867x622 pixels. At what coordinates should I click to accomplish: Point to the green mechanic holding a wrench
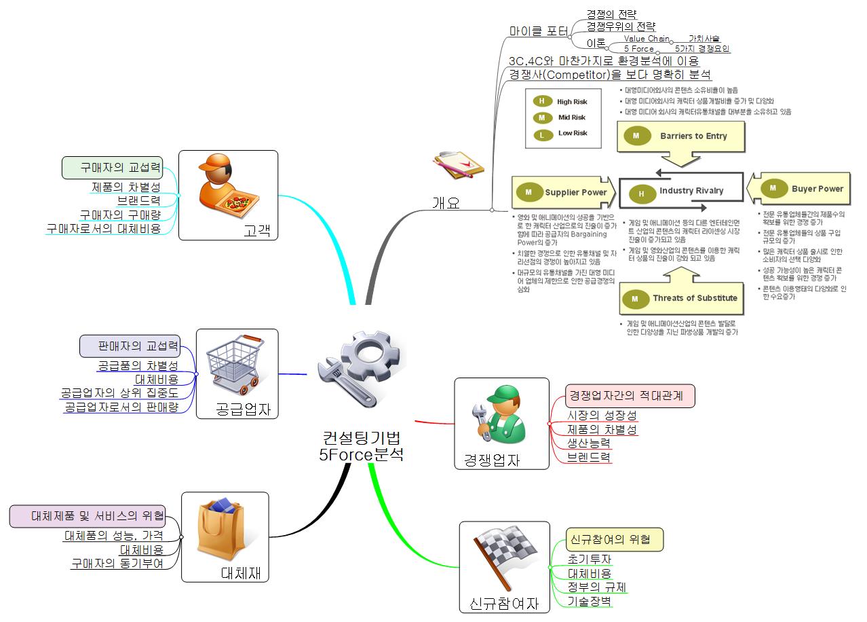coord(499,415)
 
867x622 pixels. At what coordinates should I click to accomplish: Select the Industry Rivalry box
coord(680,191)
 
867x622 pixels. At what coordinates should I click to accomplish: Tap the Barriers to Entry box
coord(681,136)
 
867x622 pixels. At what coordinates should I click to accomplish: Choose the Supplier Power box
coord(563,193)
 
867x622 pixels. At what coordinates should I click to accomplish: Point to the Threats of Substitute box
coord(682,298)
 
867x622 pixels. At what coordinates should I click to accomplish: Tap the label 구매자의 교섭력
coord(113,168)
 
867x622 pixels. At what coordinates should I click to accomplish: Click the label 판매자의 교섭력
coord(130,346)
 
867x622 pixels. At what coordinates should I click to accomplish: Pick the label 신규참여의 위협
coord(615,540)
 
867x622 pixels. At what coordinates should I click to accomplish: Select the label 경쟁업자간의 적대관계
coord(630,395)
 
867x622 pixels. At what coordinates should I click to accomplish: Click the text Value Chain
coord(646,39)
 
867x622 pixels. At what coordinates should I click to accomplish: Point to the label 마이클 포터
coord(539,31)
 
